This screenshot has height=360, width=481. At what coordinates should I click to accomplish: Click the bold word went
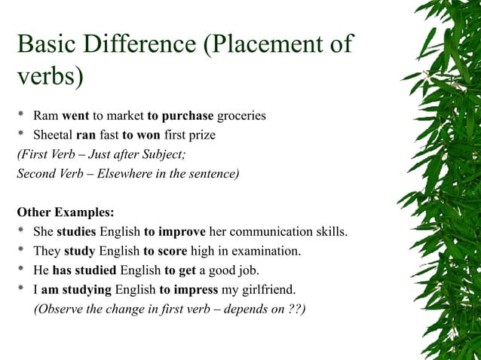click(x=75, y=116)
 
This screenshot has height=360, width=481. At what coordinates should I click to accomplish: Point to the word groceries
click(x=241, y=116)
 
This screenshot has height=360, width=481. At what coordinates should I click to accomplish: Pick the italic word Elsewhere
click(x=129, y=174)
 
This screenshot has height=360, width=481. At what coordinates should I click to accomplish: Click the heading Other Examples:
click(x=66, y=212)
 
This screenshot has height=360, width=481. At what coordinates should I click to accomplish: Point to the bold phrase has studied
click(x=85, y=270)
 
